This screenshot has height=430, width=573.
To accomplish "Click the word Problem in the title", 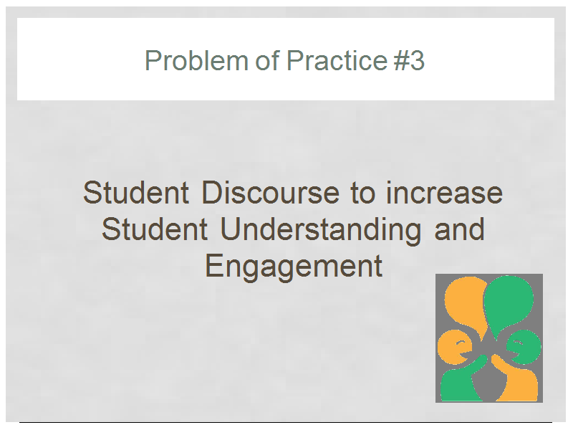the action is point(196,60).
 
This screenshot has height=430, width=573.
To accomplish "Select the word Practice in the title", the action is point(337,60).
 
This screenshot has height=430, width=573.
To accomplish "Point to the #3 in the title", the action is point(409,60).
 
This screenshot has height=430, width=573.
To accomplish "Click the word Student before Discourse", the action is point(136,193).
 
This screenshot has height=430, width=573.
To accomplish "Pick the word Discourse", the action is point(271,193).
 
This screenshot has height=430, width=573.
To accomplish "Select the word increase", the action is point(444,193).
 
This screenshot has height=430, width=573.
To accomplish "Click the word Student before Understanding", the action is point(155,229).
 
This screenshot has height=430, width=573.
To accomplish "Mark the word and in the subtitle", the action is point(459,229).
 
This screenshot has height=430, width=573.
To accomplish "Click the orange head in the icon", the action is point(454,347).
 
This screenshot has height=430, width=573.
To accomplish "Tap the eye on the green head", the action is point(518,343).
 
